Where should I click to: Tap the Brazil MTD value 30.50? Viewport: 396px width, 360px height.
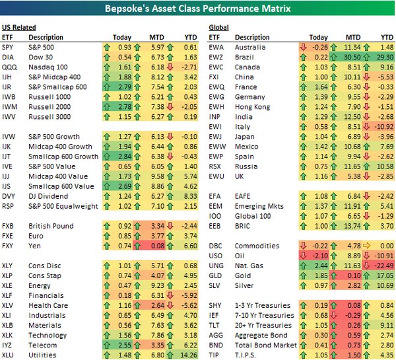click(x=352, y=57)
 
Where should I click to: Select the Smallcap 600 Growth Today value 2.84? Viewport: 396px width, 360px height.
click(x=123, y=156)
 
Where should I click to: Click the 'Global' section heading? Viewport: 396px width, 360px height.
click(x=218, y=27)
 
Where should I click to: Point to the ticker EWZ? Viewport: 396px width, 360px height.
click(x=216, y=57)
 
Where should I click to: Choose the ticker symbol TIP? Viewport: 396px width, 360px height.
click(x=214, y=355)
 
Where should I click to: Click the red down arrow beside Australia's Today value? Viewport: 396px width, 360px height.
click(x=302, y=48)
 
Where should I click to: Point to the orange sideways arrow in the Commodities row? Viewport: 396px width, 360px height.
click(x=370, y=246)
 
